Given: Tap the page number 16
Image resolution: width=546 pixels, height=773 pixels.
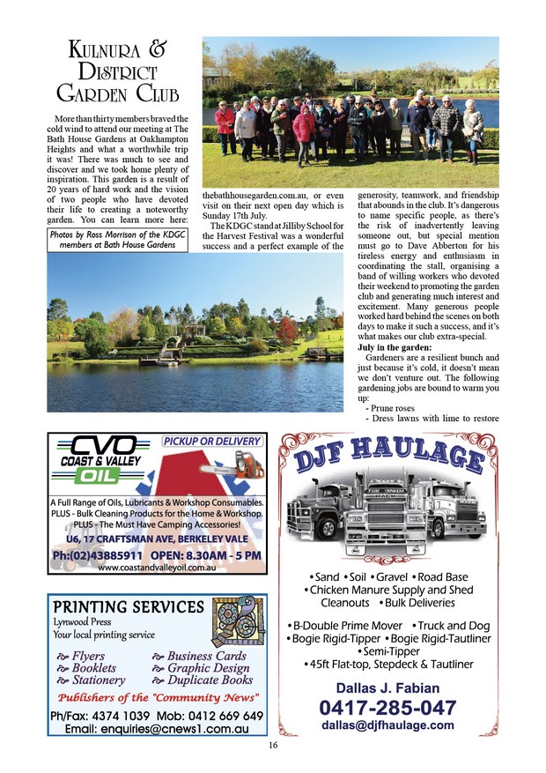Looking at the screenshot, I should [273, 745].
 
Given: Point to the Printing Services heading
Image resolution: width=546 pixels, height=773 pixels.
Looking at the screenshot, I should [129, 607].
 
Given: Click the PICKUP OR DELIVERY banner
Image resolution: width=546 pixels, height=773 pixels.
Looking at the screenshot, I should [212, 441].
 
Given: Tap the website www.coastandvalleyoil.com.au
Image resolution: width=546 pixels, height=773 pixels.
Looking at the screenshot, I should [157, 568].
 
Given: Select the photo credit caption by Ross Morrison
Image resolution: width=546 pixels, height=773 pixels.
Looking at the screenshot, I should [118, 241].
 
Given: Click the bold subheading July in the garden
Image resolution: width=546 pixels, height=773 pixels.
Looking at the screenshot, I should [392, 348].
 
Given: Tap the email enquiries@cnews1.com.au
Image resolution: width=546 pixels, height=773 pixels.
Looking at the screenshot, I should [157, 729].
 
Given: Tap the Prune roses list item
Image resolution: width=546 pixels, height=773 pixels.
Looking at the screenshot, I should [387, 409].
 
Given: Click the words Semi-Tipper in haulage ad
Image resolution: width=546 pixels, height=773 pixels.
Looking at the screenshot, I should [388, 651].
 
